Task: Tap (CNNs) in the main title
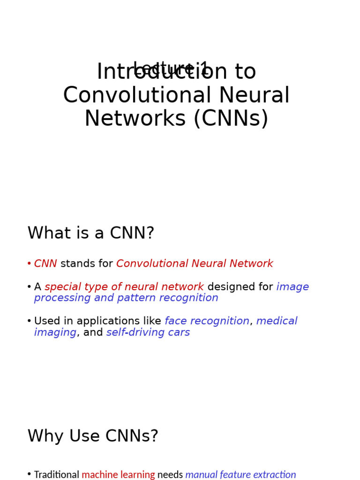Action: (x=230, y=119)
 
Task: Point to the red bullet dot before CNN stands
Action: (x=29, y=264)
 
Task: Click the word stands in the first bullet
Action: (x=77, y=264)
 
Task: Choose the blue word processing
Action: (x=62, y=298)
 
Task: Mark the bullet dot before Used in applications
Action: (x=29, y=321)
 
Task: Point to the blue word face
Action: (x=176, y=321)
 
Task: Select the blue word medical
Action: (x=277, y=321)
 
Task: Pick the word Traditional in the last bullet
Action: (x=57, y=475)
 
